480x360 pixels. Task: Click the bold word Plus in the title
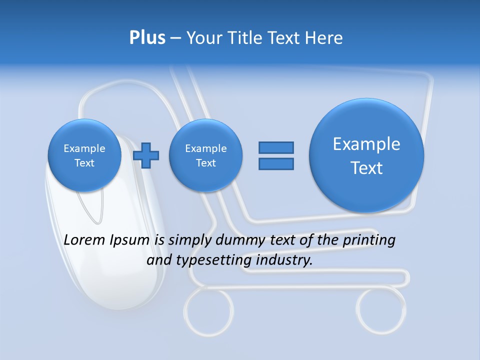pos(147,38)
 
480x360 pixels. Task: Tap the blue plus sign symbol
pos(146,155)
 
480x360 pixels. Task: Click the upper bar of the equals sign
pos(276,147)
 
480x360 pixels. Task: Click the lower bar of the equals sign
pos(276,163)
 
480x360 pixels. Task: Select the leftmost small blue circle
pos(84,155)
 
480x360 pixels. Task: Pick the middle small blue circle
pos(205,155)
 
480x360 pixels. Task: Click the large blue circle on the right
pos(366,155)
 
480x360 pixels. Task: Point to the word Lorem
pos(85,240)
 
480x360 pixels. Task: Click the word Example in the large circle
pos(366,144)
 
